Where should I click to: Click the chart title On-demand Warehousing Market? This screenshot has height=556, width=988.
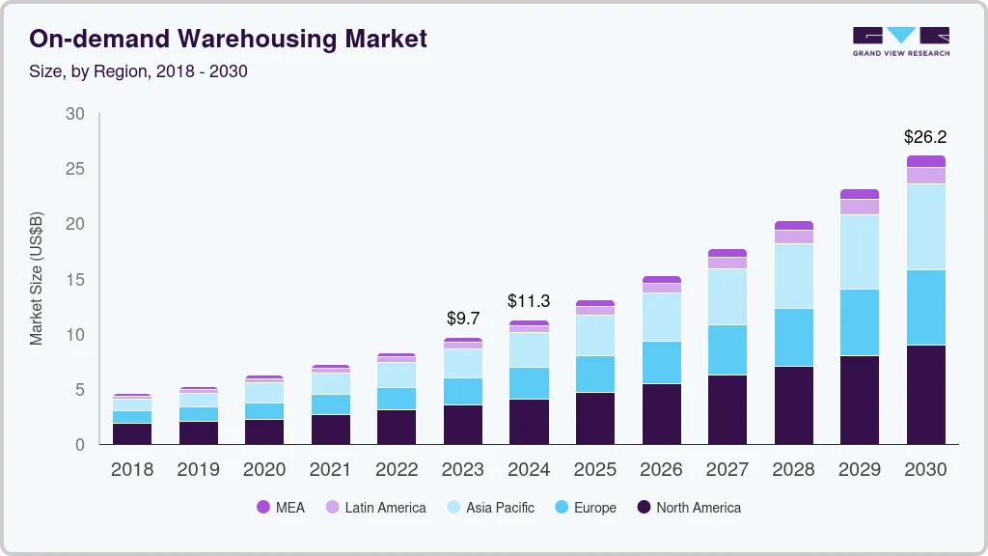[228, 39]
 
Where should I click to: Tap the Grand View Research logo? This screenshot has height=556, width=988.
[900, 42]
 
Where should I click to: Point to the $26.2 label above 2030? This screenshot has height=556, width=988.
[925, 136]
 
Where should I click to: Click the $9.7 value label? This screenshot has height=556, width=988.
[462, 318]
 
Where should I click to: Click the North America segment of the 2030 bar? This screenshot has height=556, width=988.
[925, 394]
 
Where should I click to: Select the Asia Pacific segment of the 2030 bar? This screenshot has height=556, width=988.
[925, 227]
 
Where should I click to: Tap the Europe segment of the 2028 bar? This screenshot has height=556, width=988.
[793, 337]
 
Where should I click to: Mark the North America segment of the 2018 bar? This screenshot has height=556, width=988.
[132, 433]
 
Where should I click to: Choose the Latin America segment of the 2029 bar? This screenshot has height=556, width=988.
[859, 207]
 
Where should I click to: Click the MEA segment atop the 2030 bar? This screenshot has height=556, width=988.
[925, 161]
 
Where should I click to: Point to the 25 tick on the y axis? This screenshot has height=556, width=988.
[75, 169]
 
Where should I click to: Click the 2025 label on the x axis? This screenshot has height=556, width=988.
[594, 469]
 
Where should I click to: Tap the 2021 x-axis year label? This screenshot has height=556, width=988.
[330, 469]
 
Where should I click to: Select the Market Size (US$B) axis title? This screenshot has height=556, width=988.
[37, 279]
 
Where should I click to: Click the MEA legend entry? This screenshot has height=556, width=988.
[281, 507]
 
